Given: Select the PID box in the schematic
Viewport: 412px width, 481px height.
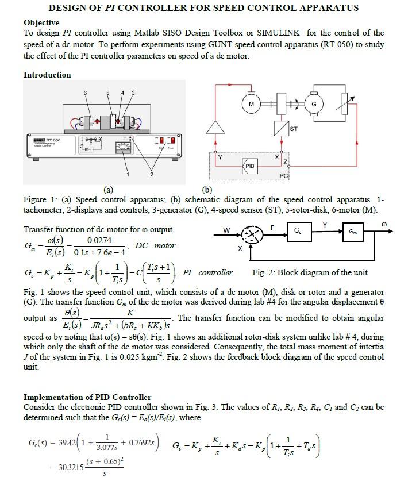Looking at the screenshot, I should click(x=249, y=166).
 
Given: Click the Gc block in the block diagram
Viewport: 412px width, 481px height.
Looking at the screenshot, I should click(x=296, y=232).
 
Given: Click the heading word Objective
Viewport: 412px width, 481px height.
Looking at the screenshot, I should click(x=42, y=22).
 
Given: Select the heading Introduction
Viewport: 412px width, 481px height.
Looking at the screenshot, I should click(x=47, y=75).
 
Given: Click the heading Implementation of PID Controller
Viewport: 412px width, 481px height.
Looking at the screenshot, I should click(x=87, y=397).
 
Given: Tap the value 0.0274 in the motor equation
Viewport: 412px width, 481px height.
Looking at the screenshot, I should click(x=99, y=239).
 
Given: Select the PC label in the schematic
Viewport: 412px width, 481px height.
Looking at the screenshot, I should click(x=283, y=174).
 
